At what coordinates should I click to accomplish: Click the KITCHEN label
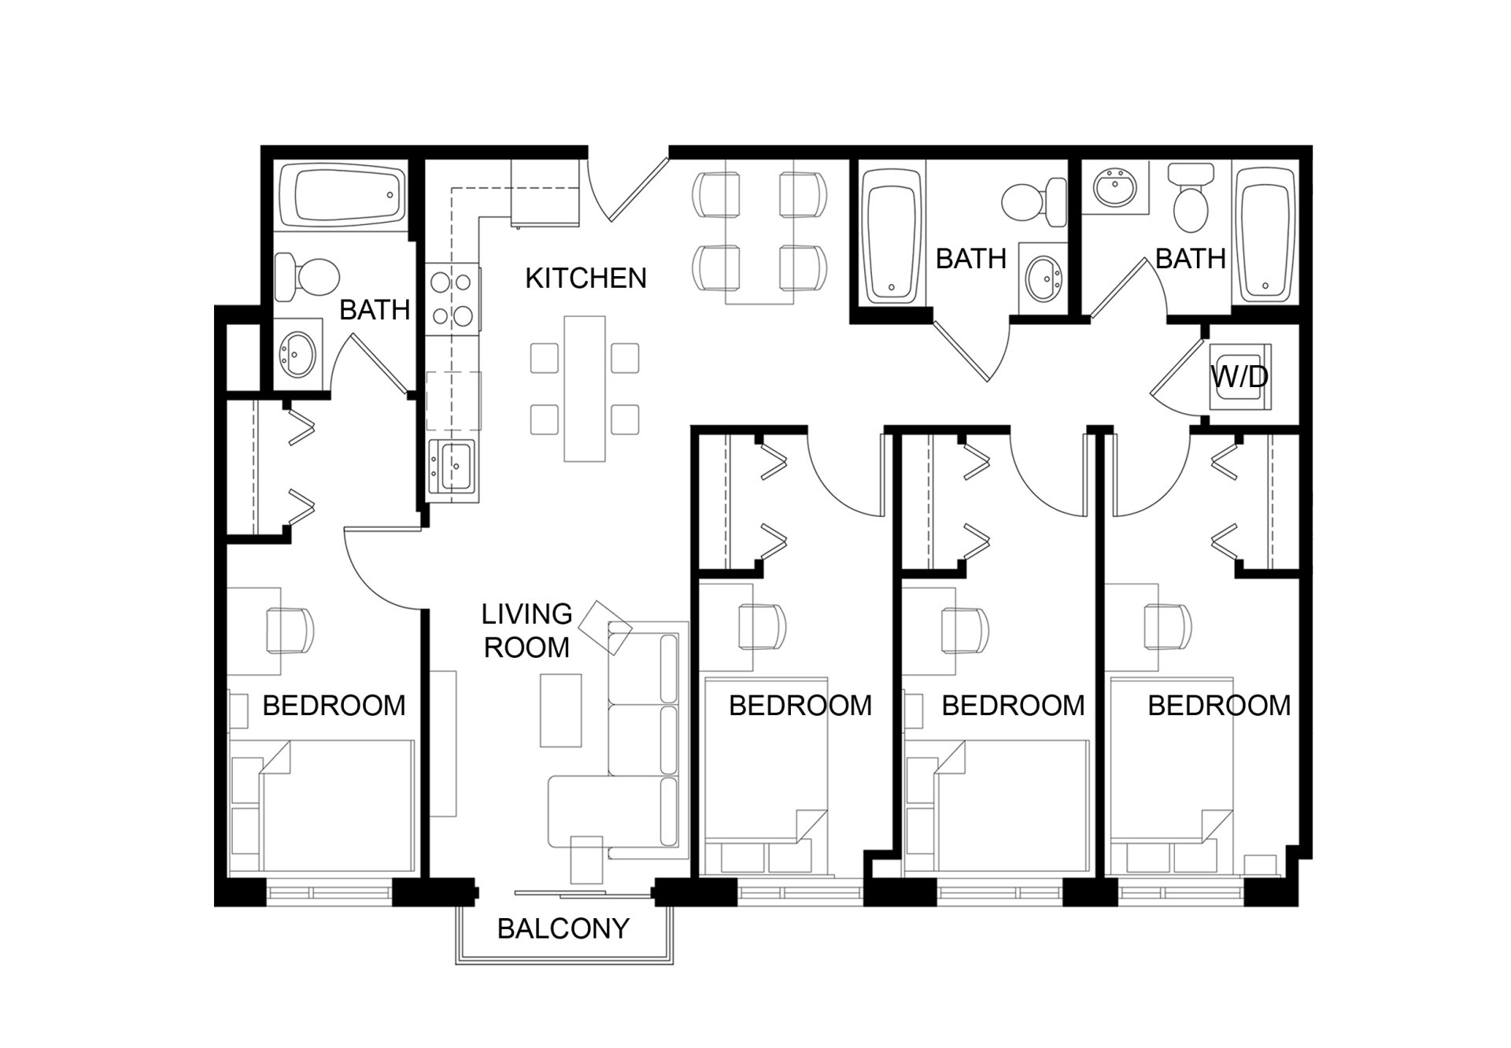tap(586, 278)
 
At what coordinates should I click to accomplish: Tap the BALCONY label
tap(563, 928)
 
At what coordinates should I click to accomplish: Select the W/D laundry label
tap(1239, 377)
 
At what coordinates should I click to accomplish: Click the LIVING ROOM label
tap(526, 630)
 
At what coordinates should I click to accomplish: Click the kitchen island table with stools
tap(584, 389)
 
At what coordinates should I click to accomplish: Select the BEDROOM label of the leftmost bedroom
tap(334, 705)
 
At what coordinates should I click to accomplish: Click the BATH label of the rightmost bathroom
tap(1190, 258)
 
